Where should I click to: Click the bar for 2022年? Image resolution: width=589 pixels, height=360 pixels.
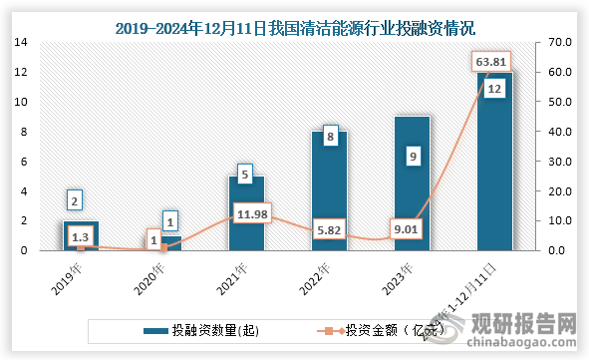pyautogui.click(x=329, y=194)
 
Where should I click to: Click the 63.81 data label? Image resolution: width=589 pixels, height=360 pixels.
pyautogui.click(x=489, y=62)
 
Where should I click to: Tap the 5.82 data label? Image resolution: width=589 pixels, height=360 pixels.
pyautogui.click(x=329, y=227)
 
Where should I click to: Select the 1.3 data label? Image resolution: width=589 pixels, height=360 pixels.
pyautogui.click(x=81, y=236)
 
